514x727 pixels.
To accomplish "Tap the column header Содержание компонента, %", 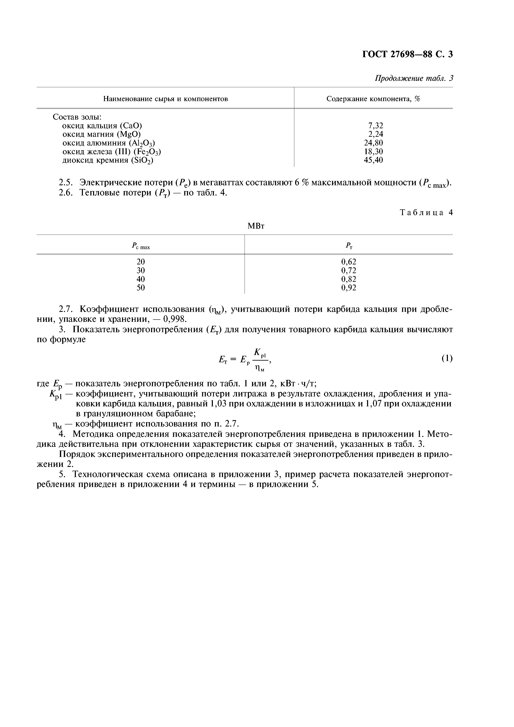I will (373, 99).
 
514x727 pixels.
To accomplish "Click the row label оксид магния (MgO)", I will (101, 134).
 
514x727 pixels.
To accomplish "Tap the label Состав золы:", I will (77, 117).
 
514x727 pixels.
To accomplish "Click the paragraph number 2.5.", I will (66, 183).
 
